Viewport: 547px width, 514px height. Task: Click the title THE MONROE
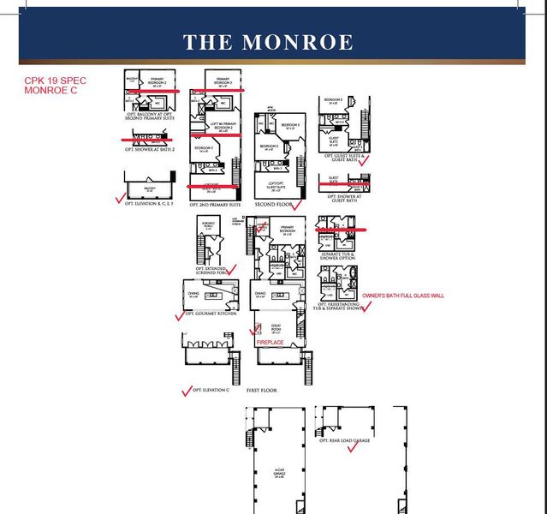pos(268,43)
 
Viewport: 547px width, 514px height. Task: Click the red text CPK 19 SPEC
pos(55,81)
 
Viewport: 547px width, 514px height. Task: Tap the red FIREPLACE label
pos(270,342)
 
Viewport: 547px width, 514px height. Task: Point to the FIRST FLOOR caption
pos(264,389)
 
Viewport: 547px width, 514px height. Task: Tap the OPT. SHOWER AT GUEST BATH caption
pos(342,199)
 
